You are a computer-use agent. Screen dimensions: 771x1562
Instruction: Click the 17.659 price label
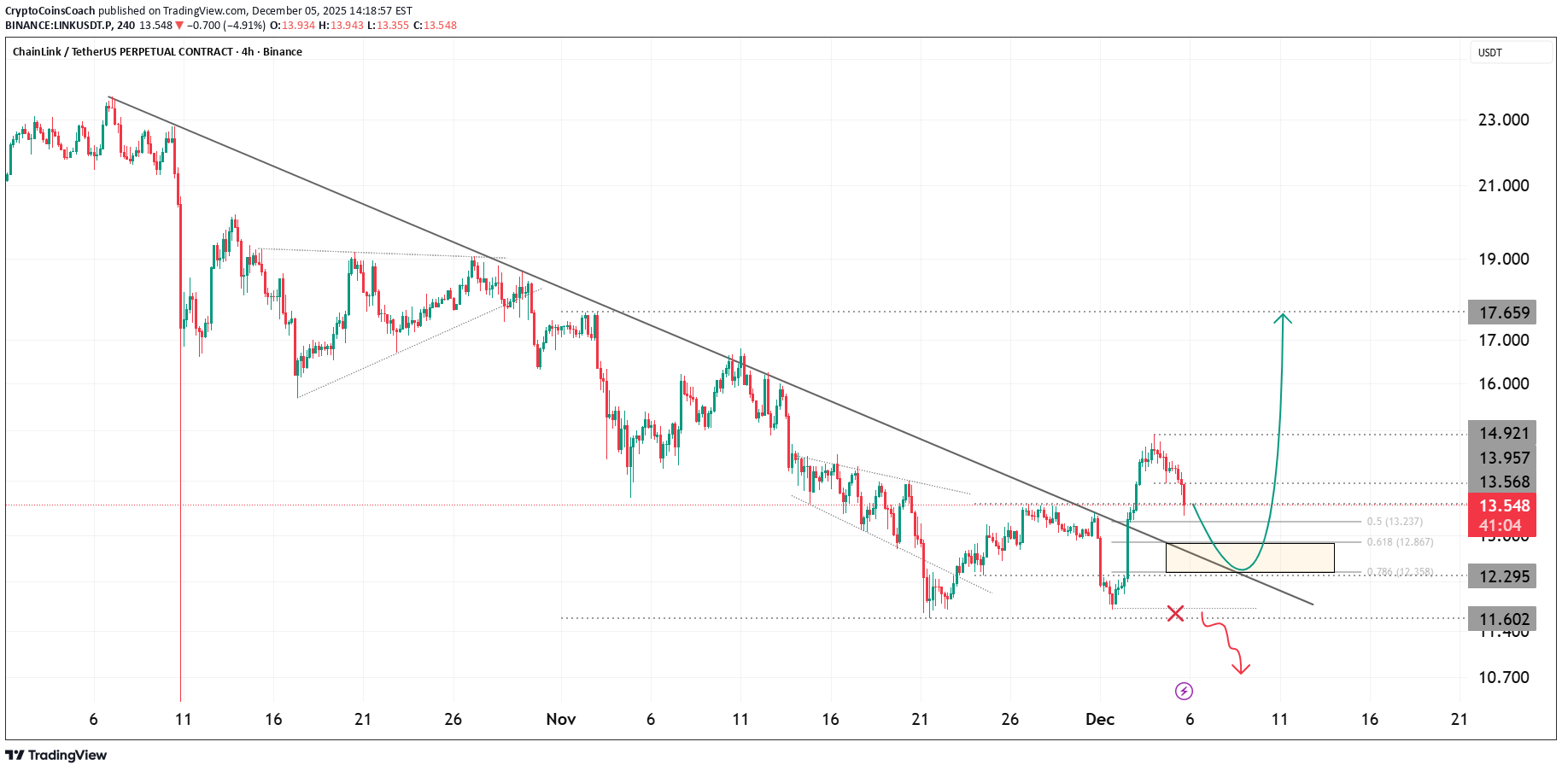[1502, 312]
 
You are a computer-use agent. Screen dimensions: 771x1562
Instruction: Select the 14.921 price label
[1502, 433]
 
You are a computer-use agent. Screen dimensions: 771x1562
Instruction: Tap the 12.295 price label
[1502, 576]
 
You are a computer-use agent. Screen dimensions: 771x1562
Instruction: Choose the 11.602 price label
[1502, 619]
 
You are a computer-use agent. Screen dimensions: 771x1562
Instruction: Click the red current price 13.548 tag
[1502, 506]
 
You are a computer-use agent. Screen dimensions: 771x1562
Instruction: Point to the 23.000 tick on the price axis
[1503, 120]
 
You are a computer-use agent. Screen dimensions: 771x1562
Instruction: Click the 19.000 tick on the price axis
[1503, 259]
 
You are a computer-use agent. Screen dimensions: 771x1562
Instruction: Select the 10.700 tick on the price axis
[1503, 677]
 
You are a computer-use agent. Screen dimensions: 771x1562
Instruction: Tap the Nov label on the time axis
[561, 719]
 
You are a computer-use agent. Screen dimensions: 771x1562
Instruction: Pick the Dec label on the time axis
[1100, 719]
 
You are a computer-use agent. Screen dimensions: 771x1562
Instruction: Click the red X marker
[1176, 613]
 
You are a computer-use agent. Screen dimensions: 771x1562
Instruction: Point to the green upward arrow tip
[1283, 316]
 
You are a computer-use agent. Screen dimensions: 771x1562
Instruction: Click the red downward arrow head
[1241, 670]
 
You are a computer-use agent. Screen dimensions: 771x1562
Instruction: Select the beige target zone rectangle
[1249, 558]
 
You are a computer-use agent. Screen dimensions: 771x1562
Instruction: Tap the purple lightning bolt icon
[1184, 691]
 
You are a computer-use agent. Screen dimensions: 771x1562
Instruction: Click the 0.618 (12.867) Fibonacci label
[1400, 542]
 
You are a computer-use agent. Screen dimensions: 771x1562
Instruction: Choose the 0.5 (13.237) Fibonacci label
[1395, 522]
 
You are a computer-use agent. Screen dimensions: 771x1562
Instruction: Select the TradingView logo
[56, 755]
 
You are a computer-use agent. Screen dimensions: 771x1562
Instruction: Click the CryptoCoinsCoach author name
[50, 11]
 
